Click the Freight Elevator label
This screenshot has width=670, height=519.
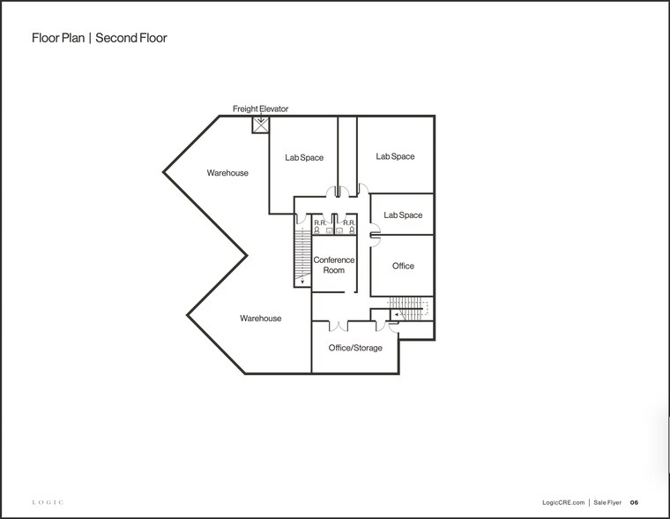(x=260, y=109)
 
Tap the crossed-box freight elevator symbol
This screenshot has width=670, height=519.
(x=260, y=125)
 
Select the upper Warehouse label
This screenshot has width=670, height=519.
(x=227, y=173)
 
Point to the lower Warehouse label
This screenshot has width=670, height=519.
(x=261, y=318)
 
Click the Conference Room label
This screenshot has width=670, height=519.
(x=334, y=265)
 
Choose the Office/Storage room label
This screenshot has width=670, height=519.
(x=355, y=348)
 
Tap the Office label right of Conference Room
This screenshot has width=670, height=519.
(x=403, y=266)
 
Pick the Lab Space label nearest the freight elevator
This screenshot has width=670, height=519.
(x=304, y=158)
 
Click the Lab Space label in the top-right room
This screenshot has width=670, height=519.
(x=395, y=156)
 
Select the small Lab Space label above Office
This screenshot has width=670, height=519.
(x=403, y=215)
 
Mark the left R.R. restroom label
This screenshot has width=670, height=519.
(x=319, y=222)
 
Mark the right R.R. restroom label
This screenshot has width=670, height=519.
(x=349, y=222)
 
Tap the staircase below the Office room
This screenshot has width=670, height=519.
(x=408, y=310)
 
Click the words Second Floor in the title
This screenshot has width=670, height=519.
(x=131, y=38)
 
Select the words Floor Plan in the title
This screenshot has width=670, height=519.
(x=59, y=38)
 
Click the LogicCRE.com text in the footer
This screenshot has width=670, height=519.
(x=564, y=502)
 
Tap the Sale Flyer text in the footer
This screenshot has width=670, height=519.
(x=607, y=502)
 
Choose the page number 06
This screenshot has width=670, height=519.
(x=634, y=502)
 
